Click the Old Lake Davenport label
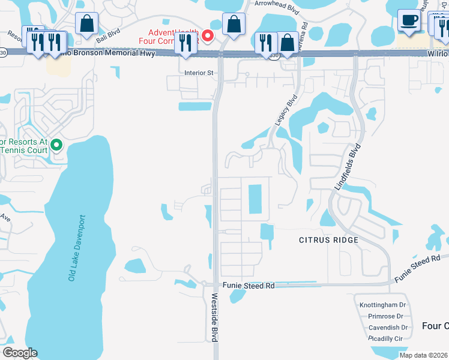click(77, 248)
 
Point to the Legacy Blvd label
click(286, 110)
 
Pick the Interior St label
click(199, 73)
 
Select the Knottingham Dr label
click(382, 305)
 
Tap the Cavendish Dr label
click(388, 328)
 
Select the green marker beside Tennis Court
click(56, 145)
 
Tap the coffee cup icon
click(409, 21)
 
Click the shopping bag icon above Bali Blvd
click(87, 24)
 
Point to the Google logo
click(19, 353)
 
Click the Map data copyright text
click(424, 355)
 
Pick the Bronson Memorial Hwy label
click(114, 53)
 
